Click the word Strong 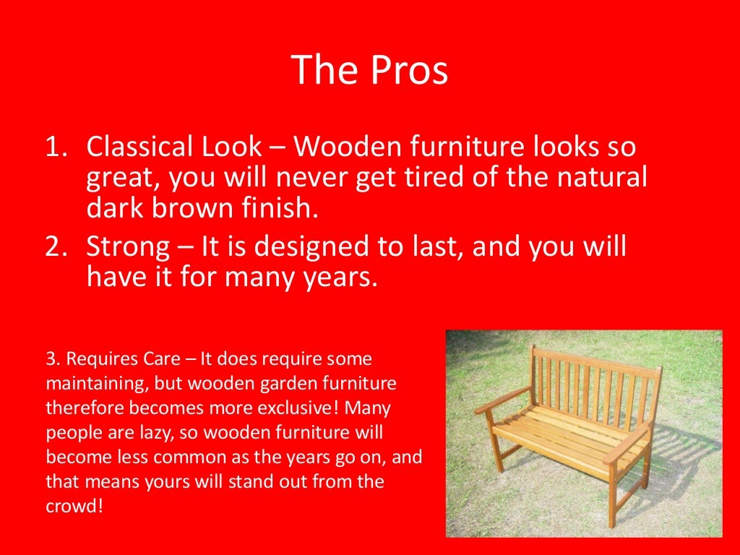(126, 247)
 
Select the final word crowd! (74, 505)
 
